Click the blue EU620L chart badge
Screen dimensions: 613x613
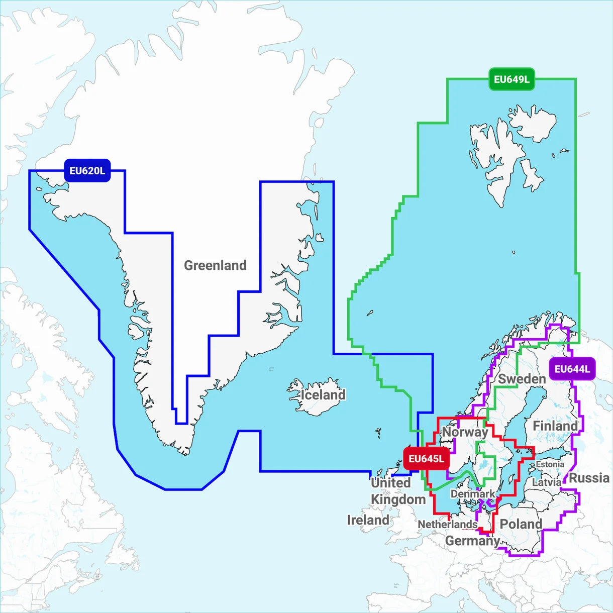pyautogui.click(x=87, y=171)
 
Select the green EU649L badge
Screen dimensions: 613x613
pyautogui.click(x=511, y=79)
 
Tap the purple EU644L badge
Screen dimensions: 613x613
pyautogui.click(x=572, y=369)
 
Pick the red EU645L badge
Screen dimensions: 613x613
pyautogui.click(x=426, y=459)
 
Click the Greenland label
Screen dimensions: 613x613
pyautogui.click(x=215, y=265)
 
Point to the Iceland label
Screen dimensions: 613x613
pyautogui.click(x=323, y=395)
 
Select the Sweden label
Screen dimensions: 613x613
pyautogui.click(x=522, y=379)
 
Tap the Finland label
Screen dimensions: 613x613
pyautogui.click(x=555, y=426)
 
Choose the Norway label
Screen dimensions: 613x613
pyautogui.click(x=465, y=432)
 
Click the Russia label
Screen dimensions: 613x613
pyautogui.click(x=589, y=478)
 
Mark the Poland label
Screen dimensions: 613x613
pyautogui.click(x=521, y=524)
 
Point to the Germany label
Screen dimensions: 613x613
pyautogui.click(x=472, y=541)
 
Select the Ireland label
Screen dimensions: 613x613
pyautogui.click(x=368, y=520)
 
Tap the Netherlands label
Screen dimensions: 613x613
pyautogui.click(x=447, y=524)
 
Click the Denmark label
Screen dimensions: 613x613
pyautogui.click(x=472, y=494)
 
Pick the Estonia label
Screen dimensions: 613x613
pyautogui.click(x=550, y=464)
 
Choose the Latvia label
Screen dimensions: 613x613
pyautogui.click(x=547, y=482)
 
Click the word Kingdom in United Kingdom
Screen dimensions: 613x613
pyautogui.click(x=398, y=499)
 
